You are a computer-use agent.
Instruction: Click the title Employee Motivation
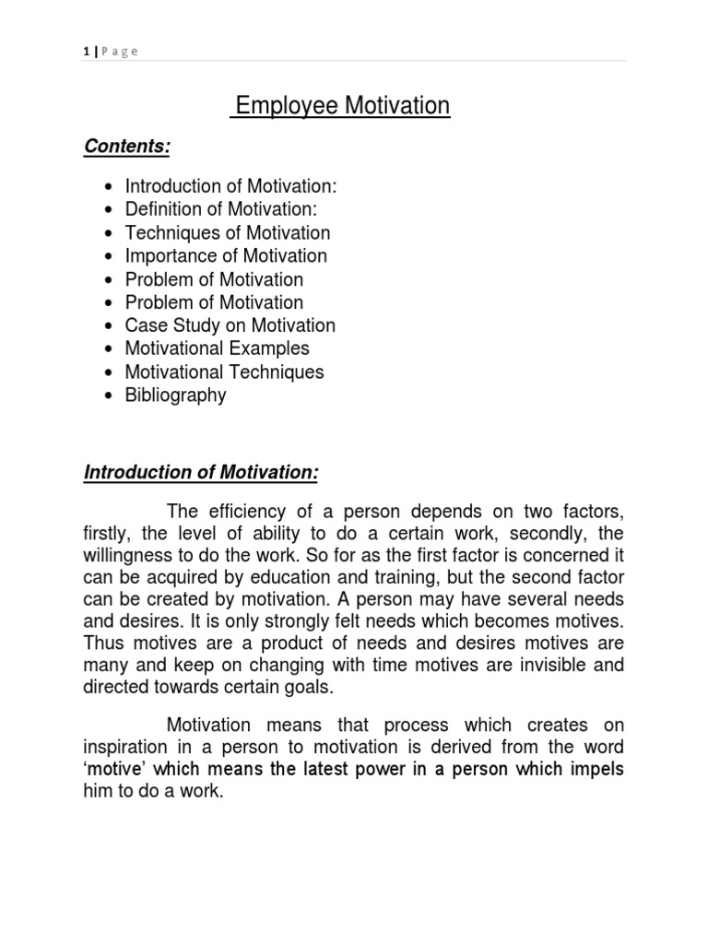point(340,107)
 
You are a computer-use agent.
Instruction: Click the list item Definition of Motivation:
point(221,209)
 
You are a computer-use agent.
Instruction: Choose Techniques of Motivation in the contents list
point(228,233)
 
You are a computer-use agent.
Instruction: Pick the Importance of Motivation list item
point(226,256)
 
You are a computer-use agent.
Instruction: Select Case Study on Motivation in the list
point(230,325)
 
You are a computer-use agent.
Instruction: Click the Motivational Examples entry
point(218,348)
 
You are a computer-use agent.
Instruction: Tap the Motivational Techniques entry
point(225,372)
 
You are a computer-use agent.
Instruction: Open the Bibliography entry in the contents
point(176,395)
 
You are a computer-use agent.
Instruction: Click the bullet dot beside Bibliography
point(112,396)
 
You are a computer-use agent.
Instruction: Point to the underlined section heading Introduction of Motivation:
point(201,473)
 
